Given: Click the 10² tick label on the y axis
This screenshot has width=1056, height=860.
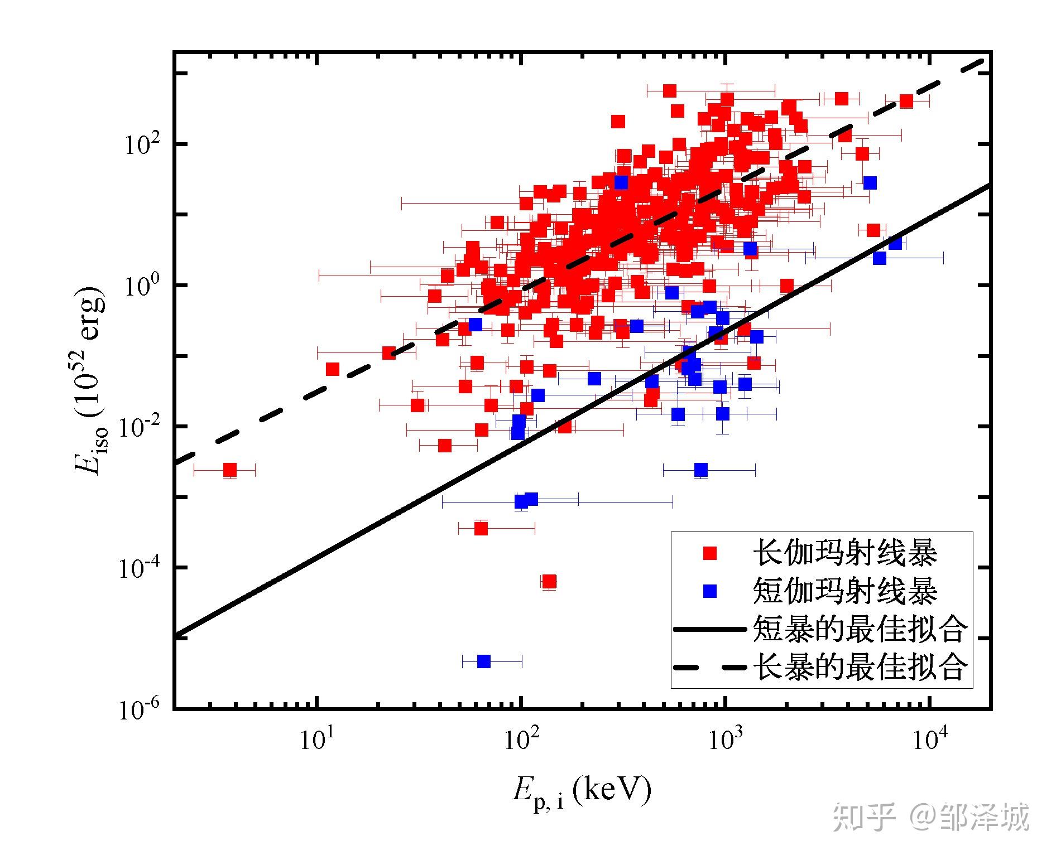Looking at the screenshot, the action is pyautogui.click(x=140, y=144).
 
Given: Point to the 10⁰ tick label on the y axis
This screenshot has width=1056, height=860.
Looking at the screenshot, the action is pyautogui.click(x=140, y=285).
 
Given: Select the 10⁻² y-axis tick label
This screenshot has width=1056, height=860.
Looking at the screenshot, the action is pyautogui.click(x=137, y=426).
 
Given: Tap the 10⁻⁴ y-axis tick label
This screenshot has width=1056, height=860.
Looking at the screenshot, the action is pyautogui.click(x=137, y=567).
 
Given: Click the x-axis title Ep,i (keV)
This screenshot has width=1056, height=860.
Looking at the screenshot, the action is pyautogui.click(x=582, y=793).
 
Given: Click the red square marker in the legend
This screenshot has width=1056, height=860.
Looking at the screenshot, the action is pyautogui.click(x=710, y=553).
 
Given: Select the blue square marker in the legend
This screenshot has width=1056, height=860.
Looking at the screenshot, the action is pyautogui.click(x=710, y=591).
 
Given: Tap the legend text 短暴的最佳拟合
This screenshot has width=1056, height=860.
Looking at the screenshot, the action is pyautogui.click(x=860, y=629).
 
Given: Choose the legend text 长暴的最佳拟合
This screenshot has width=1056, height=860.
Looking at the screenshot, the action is pyautogui.click(x=860, y=666).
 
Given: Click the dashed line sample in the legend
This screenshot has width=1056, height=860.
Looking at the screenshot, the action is pyautogui.click(x=710, y=667).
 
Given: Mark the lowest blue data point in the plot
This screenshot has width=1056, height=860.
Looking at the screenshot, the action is pyautogui.click(x=484, y=661).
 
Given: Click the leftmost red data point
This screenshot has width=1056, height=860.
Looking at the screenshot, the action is pyautogui.click(x=230, y=470).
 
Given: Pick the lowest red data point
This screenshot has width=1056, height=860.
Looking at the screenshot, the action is pyautogui.click(x=549, y=582).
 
